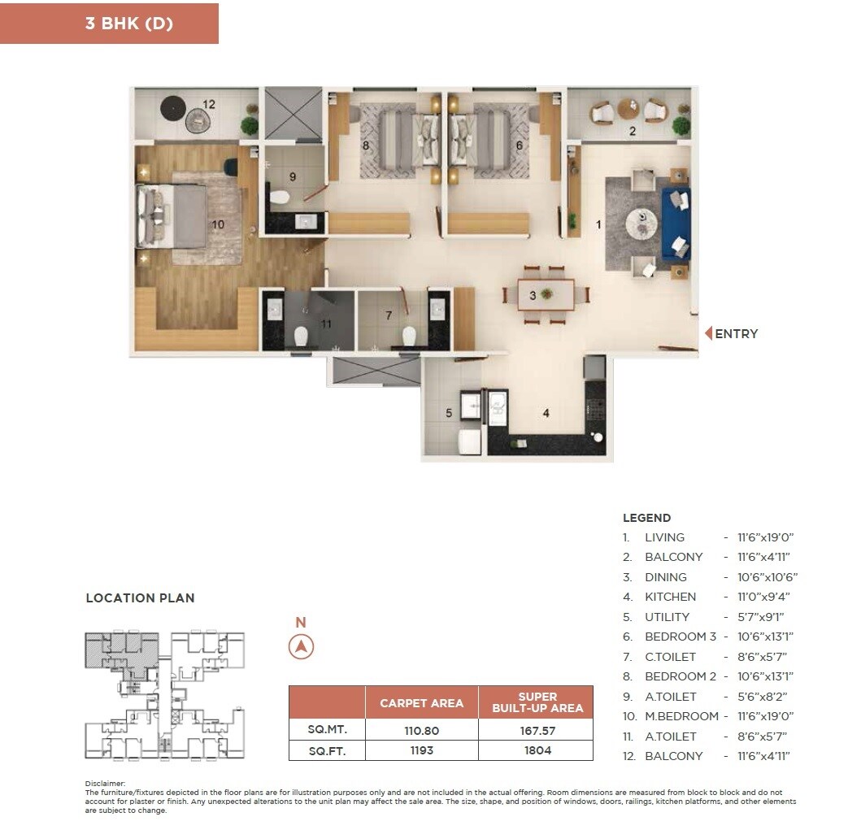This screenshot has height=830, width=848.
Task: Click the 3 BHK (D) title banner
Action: coord(109,24)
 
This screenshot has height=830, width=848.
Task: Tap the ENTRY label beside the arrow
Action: coord(736,334)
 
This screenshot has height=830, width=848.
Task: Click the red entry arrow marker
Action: coord(707,333)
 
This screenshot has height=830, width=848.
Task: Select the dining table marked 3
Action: coord(546,295)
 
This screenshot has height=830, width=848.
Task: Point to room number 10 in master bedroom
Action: coord(218,224)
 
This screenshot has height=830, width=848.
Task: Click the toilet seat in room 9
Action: coord(280,196)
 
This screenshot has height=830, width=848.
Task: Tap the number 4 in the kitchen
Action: coord(546,414)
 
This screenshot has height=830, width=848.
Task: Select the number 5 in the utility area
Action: coord(448,414)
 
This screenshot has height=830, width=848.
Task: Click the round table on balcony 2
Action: coord(628,108)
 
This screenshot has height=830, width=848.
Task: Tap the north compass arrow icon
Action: coord(301,647)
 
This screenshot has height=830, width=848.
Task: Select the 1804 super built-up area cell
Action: coord(537,750)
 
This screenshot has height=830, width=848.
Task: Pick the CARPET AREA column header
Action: coord(421,703)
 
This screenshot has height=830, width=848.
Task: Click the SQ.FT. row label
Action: coord(326,750)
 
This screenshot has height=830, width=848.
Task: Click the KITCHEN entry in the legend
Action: coord(670,597)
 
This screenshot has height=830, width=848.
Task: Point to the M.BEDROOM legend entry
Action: coord(681,716)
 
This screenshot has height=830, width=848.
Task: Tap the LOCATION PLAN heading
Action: coord(140,598)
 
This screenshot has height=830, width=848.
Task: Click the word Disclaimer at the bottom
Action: coord(104,783)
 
